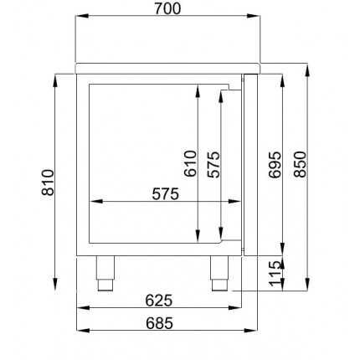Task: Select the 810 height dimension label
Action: pyautogui.click(x=47, y=181)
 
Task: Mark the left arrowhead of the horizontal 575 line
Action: pyautogui.click(x=94, y=202)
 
